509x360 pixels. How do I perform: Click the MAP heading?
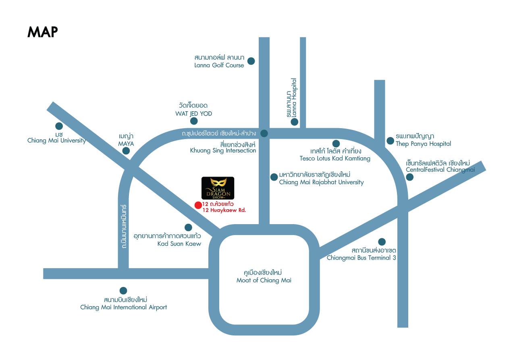[43, 32]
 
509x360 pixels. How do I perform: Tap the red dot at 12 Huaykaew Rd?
[198, 205]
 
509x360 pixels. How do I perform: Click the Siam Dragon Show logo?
[218, 188]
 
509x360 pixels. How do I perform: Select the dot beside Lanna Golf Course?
[251, 61]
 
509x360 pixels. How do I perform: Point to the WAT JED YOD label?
[193, 113]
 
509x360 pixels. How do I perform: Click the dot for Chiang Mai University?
[59, 126]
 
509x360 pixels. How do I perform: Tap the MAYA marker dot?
[126, 151]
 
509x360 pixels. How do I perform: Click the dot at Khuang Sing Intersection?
[264, 133]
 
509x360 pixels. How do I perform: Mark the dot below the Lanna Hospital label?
[295, 122]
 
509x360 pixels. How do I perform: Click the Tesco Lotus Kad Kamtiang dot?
[336, 144]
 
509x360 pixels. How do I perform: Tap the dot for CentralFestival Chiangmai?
[409, 177]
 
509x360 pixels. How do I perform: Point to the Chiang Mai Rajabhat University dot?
[274, 176]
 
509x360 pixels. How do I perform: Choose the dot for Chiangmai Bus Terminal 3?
[382, 242]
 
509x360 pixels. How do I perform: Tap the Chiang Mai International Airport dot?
[123, 290]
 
